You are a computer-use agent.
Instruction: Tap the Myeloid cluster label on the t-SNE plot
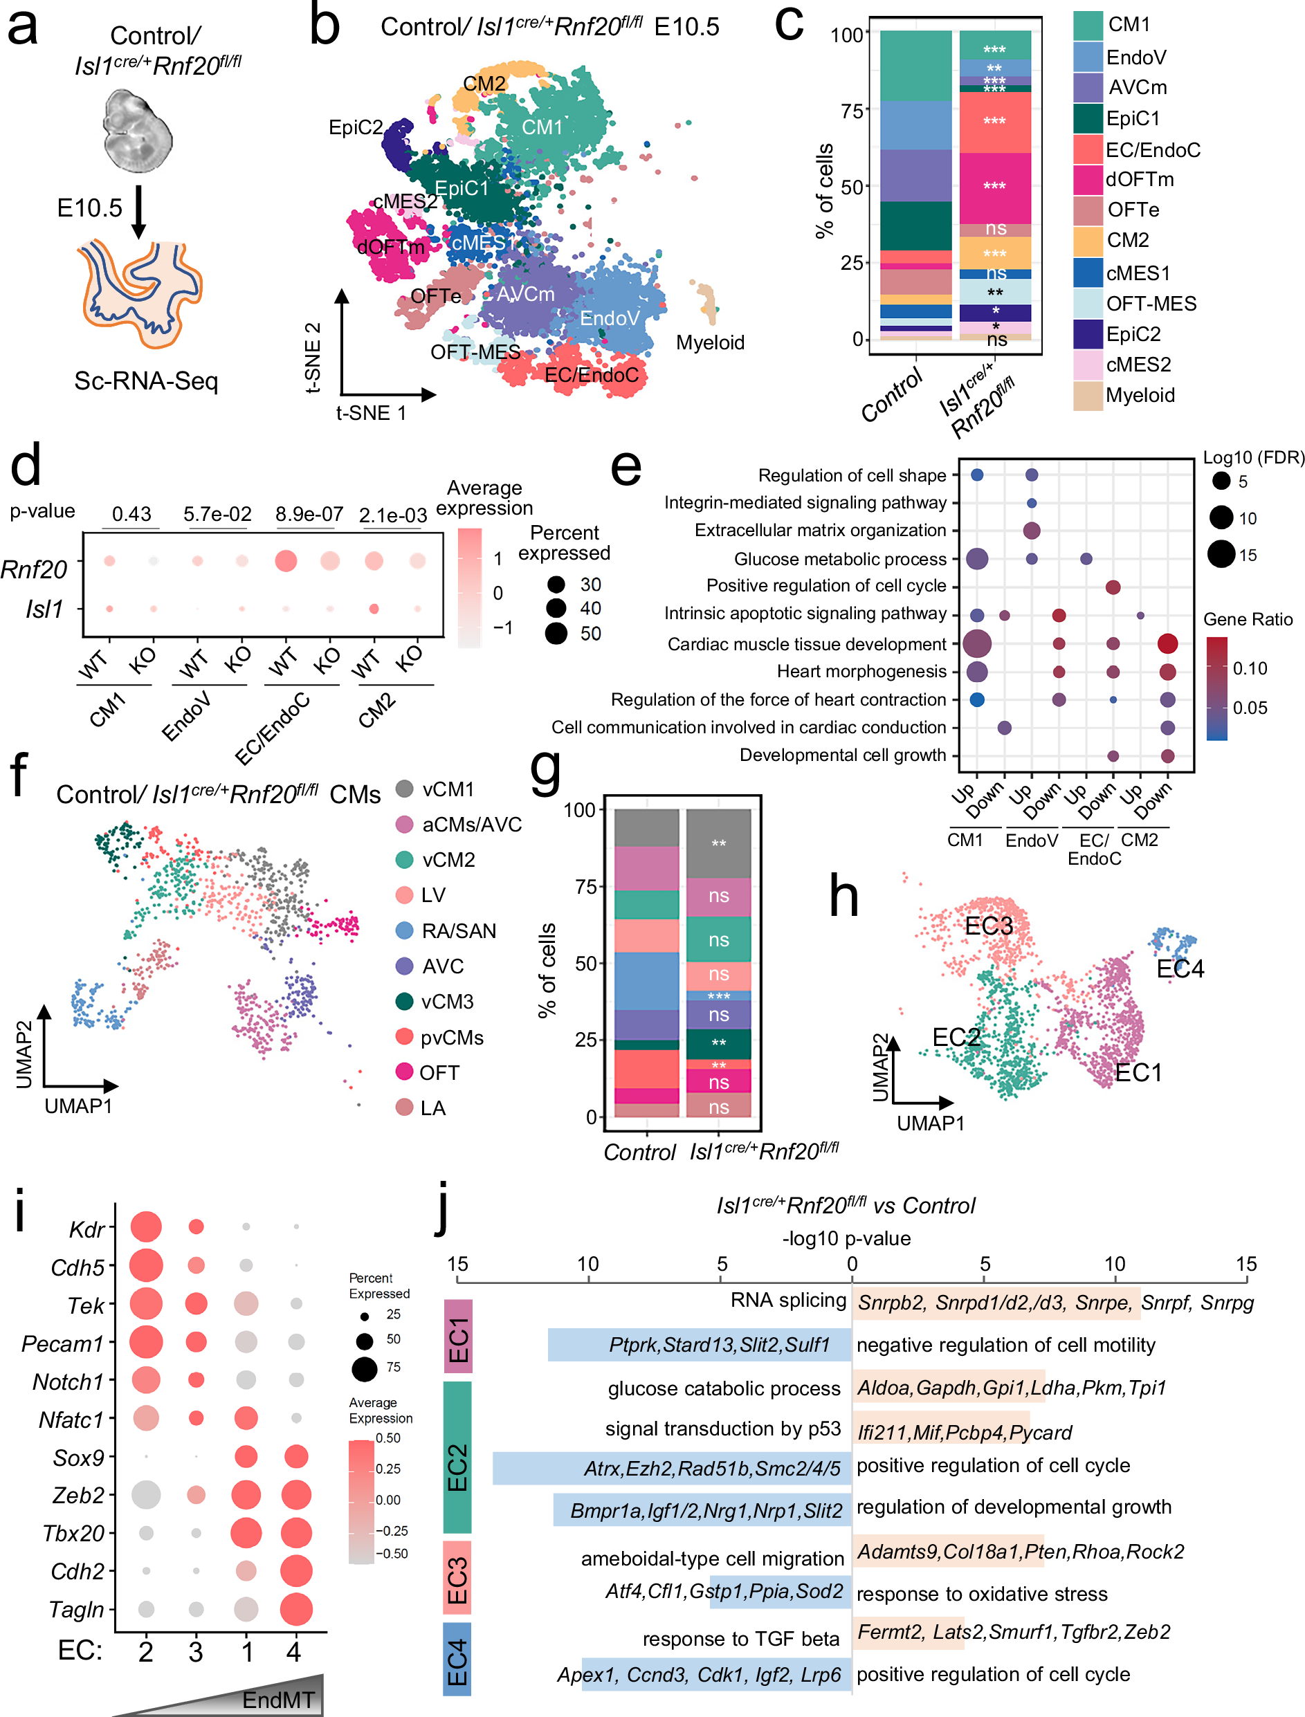click(709, 342)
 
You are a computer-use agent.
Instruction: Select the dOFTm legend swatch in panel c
click(1088, 179)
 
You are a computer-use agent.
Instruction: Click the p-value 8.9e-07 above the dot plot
click(309, 514)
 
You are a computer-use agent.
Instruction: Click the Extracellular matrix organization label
click(819, 531)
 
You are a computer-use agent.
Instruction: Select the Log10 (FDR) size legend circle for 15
click(1221, 555)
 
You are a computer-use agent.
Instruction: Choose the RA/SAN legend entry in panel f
click(458, 930)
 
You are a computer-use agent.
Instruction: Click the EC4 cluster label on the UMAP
click(1179, 968)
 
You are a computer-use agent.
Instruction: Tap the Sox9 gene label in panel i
click(78, 1458)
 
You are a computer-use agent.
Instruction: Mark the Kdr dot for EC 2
click(146, 1227)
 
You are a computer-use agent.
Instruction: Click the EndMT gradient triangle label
click(278, 1700)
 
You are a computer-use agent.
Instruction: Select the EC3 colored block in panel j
click(457, 1579)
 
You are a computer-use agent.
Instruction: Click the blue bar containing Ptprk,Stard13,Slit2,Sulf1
click(699, 1344)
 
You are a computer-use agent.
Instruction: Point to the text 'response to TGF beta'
click(740, 1639)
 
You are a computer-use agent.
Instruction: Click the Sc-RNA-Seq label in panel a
click(146, 380)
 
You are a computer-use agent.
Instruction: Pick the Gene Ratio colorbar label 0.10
click(1250, 668)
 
